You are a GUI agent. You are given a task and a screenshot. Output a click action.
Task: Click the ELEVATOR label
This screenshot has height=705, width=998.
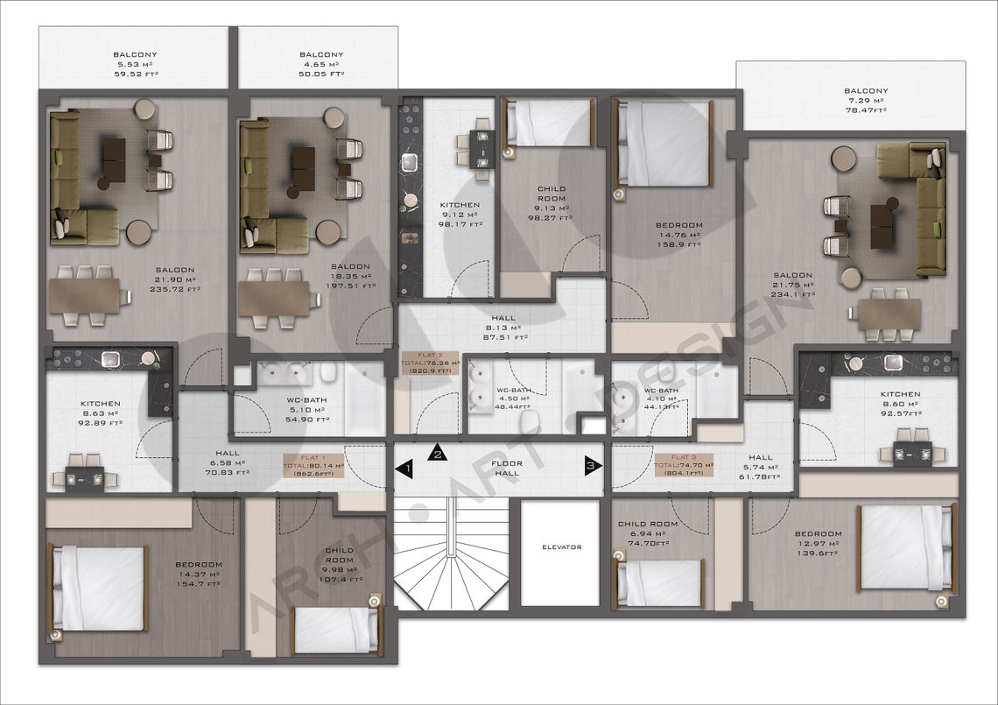click(560, 547)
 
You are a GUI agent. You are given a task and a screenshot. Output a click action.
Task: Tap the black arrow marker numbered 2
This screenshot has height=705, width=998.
click(438, 453)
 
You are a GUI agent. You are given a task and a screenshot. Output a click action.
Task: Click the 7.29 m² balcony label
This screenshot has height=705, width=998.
click(865, 100)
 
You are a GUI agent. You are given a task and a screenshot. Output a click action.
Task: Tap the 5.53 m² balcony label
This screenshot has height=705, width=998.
click(135, 64)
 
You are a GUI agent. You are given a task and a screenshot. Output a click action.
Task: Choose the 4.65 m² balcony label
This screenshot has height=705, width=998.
click(321, 64)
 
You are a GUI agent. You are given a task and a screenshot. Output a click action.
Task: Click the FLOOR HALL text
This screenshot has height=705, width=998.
click(507, 468)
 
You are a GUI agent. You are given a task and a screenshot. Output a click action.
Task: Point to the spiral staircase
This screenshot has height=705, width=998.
click(450, 556)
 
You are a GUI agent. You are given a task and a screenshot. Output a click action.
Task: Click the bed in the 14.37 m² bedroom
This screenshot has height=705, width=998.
click(99, 588)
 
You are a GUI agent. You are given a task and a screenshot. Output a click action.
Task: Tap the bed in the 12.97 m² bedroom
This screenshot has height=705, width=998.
click(905, 547)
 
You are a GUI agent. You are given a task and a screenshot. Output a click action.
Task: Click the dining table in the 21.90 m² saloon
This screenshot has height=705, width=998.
click(84, 295)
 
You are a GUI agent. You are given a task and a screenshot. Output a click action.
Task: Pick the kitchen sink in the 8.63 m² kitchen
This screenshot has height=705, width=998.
click(111, 358)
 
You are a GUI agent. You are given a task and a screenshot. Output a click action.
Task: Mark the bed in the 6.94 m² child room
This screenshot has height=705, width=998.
click(659, 582)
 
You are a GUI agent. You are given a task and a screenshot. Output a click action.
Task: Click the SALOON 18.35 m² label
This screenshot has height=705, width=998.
click(350, 276)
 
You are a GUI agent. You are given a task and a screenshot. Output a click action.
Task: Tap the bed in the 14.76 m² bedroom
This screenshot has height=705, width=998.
click(664, 144)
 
